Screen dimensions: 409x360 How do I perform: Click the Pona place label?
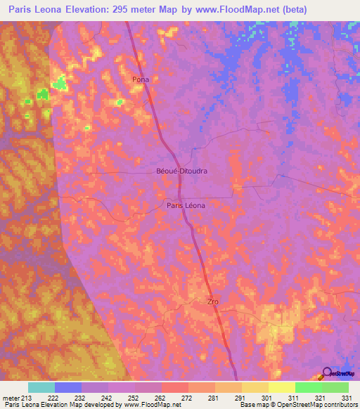click(x=141, y=79)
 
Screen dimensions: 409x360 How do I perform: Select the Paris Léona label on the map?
click(x=186, y=205)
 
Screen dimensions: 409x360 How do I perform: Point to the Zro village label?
click(x=213, y=301)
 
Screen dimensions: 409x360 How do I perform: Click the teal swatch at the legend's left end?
click(x=41, y=387)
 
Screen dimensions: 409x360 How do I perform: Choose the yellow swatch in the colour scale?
click(x=281, y=387)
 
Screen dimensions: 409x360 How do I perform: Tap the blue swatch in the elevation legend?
click(x=68, y=387)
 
